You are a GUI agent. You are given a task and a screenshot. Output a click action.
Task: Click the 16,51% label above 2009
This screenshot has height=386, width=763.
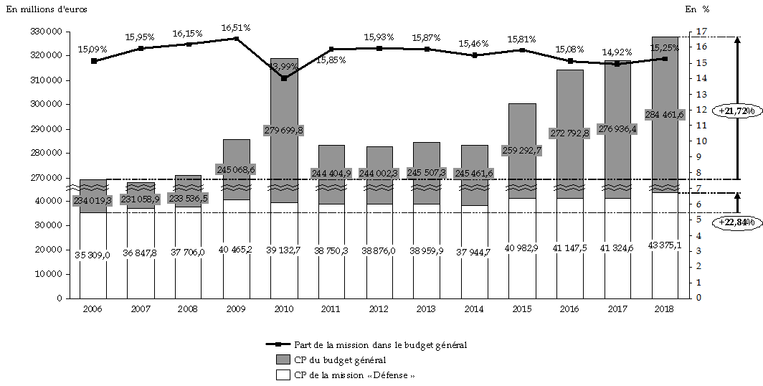point(235,28)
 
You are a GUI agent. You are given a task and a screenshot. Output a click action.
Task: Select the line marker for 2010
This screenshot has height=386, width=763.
point(284,78)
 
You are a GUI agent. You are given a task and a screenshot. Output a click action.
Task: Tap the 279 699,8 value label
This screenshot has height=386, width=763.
point(284,130)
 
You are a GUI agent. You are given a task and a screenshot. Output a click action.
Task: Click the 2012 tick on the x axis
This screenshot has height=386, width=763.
point(379,308)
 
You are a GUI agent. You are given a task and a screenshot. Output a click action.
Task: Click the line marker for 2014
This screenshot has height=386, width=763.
point(475,55)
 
